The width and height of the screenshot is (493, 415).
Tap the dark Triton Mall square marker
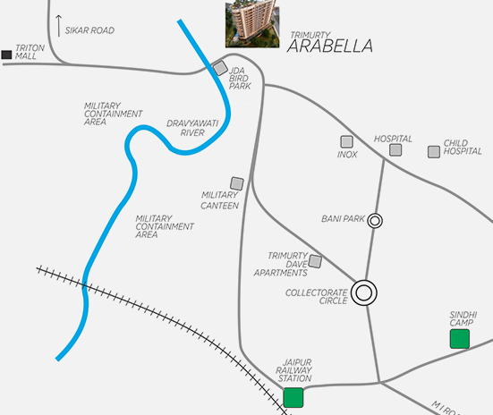[7, 55]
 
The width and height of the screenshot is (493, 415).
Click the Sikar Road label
[91, 30]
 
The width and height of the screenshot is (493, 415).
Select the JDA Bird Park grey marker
[220, 69]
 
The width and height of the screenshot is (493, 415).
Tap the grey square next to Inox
[346, 141]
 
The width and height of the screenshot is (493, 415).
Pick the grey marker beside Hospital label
[394, 151]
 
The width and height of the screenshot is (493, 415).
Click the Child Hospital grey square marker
[434, 151]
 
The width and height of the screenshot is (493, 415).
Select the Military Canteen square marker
[237, 183]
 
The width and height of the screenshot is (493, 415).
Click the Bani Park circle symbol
[376, 220]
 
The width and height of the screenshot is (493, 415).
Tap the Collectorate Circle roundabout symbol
[363, 292]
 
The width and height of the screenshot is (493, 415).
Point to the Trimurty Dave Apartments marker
[315, 261]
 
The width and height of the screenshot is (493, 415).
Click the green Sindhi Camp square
[459, 338]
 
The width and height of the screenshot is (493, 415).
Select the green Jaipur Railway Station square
[293, 397]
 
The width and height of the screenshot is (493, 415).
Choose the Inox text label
[347, 155]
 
